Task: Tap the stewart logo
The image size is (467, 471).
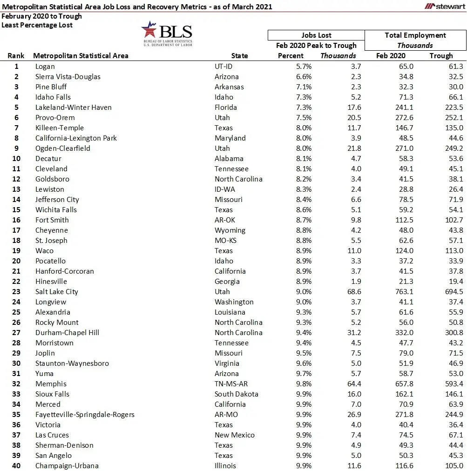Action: click(445, 6)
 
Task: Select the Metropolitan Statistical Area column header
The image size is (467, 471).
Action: click(81, 56)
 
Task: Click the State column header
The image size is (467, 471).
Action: click(239, 56)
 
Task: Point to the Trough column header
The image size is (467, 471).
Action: click(441, 56)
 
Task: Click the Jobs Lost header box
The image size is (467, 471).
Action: click(316, 35)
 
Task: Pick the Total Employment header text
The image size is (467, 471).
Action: click(415, 35)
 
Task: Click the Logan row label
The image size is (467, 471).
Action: click(45, 67)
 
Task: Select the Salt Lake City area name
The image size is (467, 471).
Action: click(57, 292)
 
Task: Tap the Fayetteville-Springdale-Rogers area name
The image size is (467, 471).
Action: click(85, 415)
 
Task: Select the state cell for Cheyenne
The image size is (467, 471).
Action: click(230, 230)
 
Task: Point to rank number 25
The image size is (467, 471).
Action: click(16, 312)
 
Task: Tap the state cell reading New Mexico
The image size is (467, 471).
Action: click(235, 435)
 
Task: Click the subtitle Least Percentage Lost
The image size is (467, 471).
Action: click(37, 25)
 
